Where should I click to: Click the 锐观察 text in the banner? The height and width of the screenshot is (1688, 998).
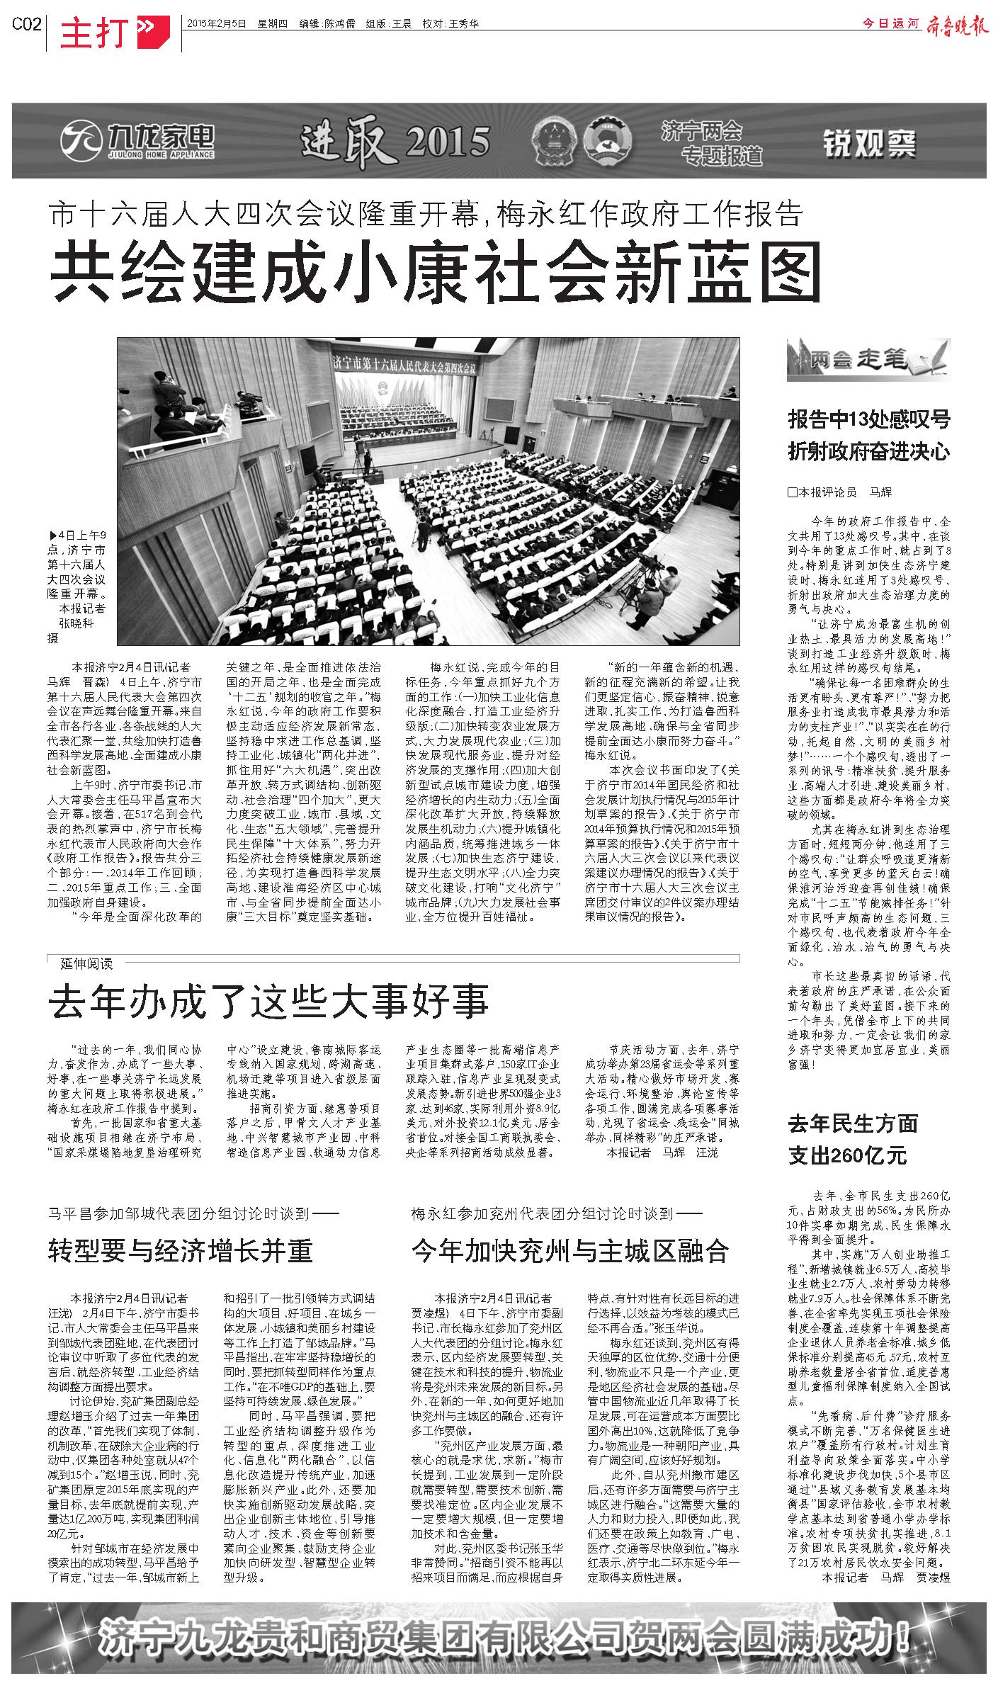tap(869, 144)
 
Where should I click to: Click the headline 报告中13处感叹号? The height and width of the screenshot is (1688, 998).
tap(868, 419)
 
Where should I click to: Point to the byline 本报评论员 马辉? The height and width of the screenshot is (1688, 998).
tap(840, 492)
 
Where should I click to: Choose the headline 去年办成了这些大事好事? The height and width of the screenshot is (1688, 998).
tap(268, 1002)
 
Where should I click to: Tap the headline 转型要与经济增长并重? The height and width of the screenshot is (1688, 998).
tap(181, 1251)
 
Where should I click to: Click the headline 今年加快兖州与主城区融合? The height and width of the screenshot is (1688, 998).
tap(570, 1251)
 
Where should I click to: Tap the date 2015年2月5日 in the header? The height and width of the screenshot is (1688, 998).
tap(216, 23)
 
